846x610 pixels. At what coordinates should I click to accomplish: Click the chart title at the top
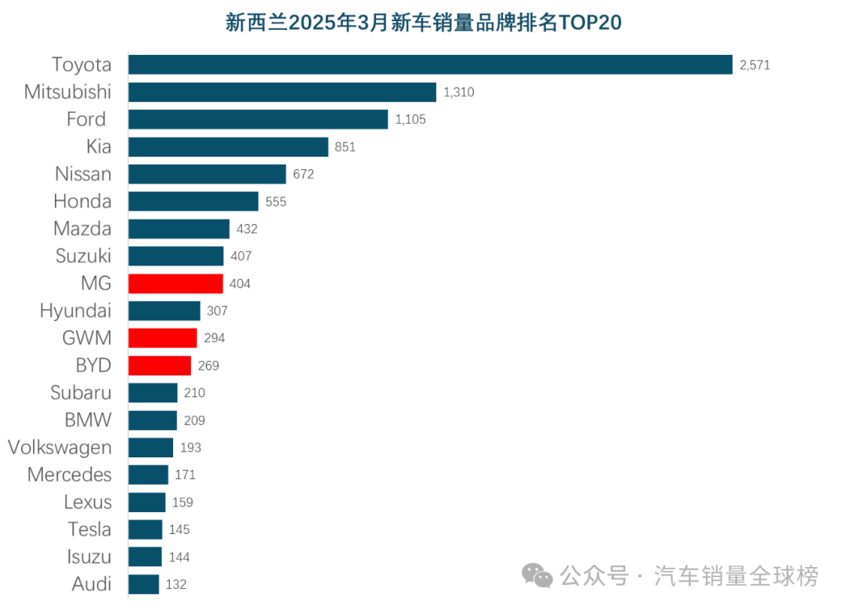coord(423,23)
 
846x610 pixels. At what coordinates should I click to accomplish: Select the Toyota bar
coord(429,65)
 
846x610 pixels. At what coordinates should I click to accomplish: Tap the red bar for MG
coord(175,283)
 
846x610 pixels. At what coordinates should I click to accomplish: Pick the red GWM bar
coord(162,338)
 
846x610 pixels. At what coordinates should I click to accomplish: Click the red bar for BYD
coord(159,366)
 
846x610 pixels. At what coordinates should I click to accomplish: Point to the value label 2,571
coord(754,65)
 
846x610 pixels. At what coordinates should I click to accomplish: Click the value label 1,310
coord(458,92)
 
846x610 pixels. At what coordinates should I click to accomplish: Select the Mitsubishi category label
coord(67,92)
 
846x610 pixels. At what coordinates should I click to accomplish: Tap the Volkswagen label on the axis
coord(60,448)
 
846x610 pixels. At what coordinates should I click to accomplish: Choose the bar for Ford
coord(258,120)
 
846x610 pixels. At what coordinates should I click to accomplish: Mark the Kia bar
coord(228,147)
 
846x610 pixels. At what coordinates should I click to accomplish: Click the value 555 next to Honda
coord(276,202)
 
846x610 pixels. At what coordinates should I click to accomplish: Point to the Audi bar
coord(143,584)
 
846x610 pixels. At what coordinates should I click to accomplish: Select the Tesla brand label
coord(89,529)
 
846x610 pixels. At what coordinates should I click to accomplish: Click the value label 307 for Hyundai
coord(217,311)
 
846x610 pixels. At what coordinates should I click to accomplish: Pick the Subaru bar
coord(153,393)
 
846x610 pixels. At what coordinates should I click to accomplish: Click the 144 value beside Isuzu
coord(179,558)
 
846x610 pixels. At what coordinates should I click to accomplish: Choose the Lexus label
coord(88,502)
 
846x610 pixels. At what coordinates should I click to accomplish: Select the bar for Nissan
coord(207,174)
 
